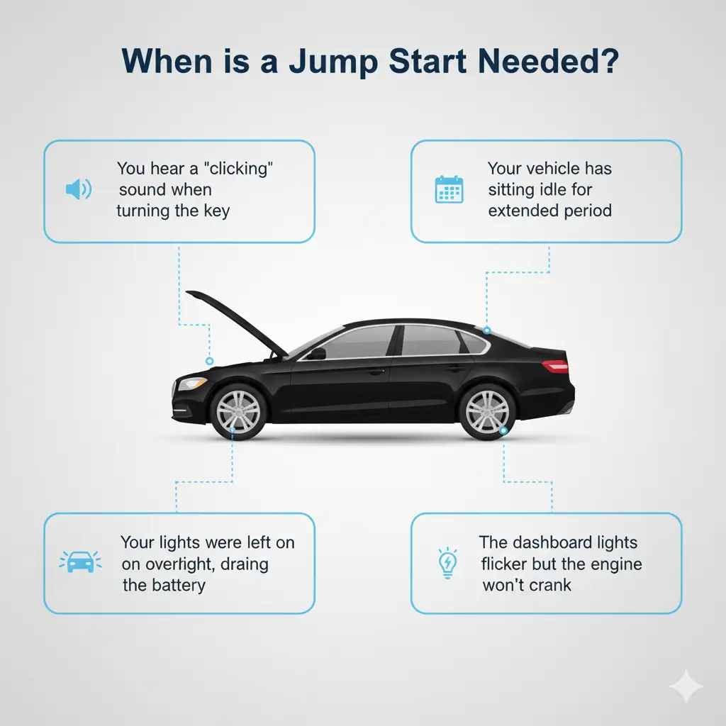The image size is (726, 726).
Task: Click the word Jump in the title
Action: point(333,61)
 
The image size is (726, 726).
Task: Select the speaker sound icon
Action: point(79,189)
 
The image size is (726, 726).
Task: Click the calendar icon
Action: point(449,189)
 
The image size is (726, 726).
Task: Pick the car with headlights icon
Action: point(80,562)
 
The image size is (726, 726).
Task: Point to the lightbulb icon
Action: point(448,562)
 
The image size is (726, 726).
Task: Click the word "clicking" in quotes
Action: point(238,169)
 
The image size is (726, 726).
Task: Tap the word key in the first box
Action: point(216,211)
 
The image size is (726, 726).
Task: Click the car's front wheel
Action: point(238,412)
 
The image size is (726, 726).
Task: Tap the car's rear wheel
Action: point(487,412)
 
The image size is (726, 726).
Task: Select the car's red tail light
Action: point(554,366)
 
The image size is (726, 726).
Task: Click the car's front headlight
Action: point(191,383)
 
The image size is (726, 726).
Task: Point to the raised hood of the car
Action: point(237,323)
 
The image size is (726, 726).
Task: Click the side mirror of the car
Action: point(317,354)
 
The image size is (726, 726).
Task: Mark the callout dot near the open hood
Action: point(209,361)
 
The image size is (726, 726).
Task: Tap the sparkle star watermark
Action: point(686,686)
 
